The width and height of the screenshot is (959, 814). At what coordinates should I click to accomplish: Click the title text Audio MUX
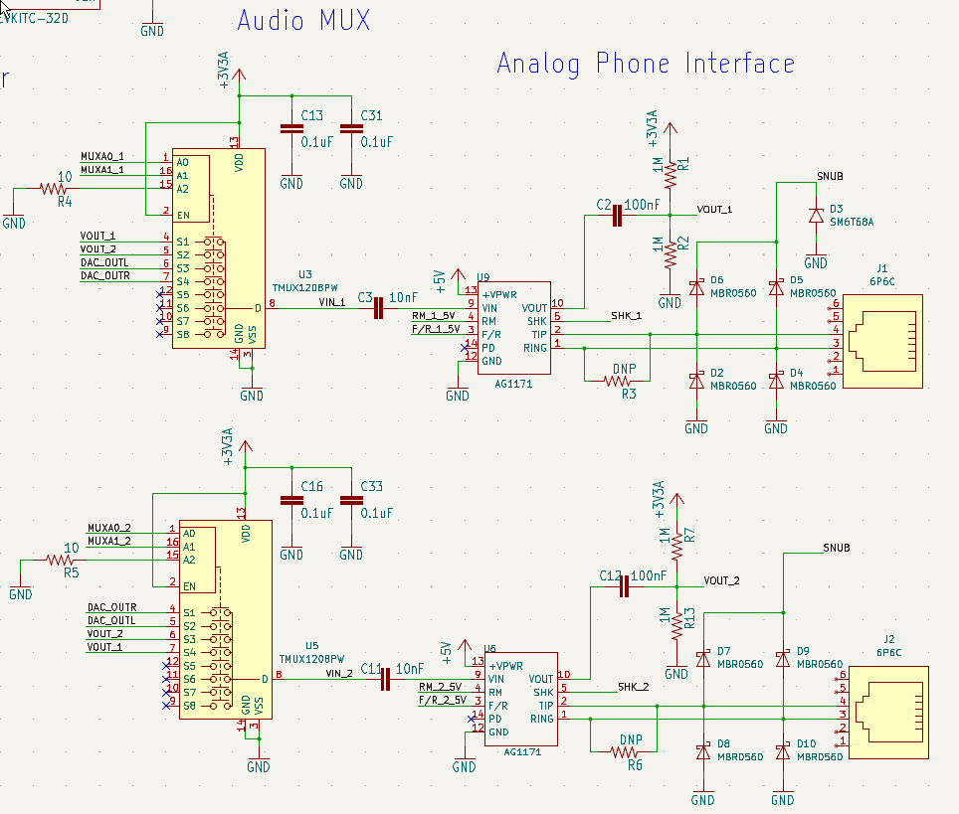(302, 20)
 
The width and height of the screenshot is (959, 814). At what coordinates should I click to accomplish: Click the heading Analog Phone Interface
(646, 65)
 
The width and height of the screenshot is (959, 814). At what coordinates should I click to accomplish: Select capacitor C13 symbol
(290, 128)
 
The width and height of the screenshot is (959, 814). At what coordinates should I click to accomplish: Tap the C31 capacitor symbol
(350, 128)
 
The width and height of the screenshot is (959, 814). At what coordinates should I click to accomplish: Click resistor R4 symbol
(53, 188)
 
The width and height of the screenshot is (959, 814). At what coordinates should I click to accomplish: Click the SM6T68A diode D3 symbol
(816, 215)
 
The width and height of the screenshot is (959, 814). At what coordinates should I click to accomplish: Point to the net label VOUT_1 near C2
(714, 210)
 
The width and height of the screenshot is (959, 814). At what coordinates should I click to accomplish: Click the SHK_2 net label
(633, 686)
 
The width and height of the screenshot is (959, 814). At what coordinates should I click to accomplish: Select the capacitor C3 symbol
(378, 309)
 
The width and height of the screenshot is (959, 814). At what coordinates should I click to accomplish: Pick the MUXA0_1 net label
(102, 156)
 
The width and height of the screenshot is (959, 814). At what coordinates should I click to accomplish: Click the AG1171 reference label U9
(484, 277)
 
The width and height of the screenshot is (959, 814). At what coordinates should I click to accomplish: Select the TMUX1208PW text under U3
(306, 286)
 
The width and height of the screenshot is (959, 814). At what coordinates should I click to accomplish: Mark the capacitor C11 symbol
(384, 680)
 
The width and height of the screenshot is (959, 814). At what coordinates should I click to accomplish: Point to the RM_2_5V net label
(440, 687)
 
